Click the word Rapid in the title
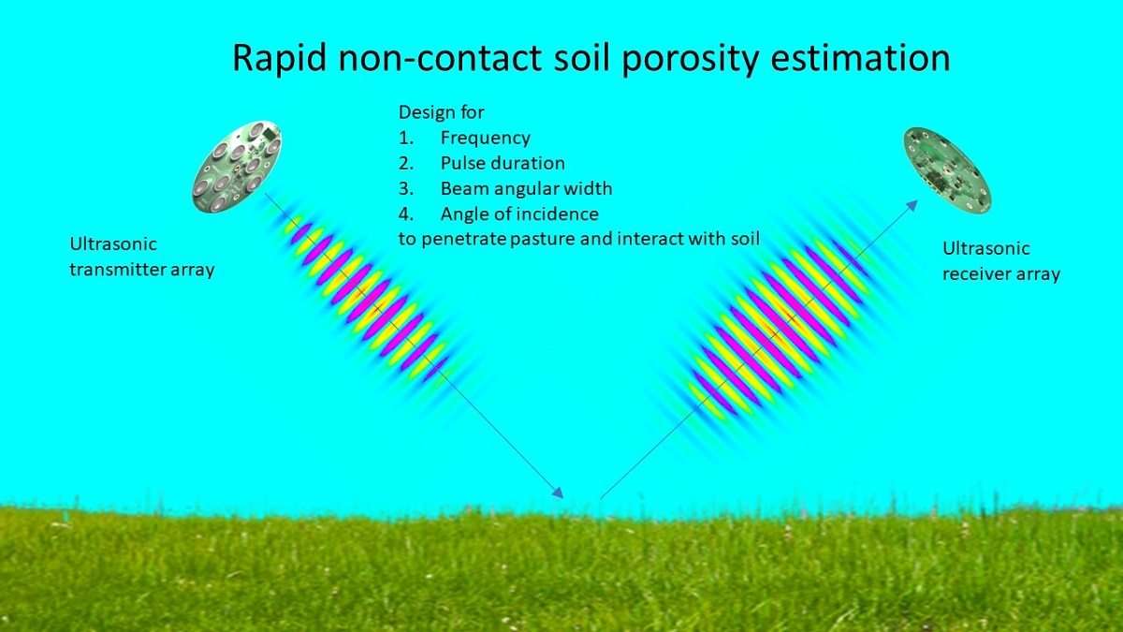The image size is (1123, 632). (280, 58)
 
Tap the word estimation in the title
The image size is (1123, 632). (860, 58)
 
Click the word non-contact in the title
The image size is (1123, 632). (440, 58)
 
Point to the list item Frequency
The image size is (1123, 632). (486, 138)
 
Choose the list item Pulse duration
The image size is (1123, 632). (503, 163)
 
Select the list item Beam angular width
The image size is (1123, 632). (526, 188)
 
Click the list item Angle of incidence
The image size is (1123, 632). (519, 214)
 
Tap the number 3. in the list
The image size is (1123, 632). (406, 188)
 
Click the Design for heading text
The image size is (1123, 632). (441, 112)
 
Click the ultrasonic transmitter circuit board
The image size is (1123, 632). (237, 167)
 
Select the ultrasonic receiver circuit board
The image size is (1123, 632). (947, 170)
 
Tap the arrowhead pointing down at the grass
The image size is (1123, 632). (558, 492)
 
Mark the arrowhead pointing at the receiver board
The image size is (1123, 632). (912, 206)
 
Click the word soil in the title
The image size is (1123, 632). (581, 58)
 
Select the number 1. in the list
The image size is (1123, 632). (406, 138)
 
